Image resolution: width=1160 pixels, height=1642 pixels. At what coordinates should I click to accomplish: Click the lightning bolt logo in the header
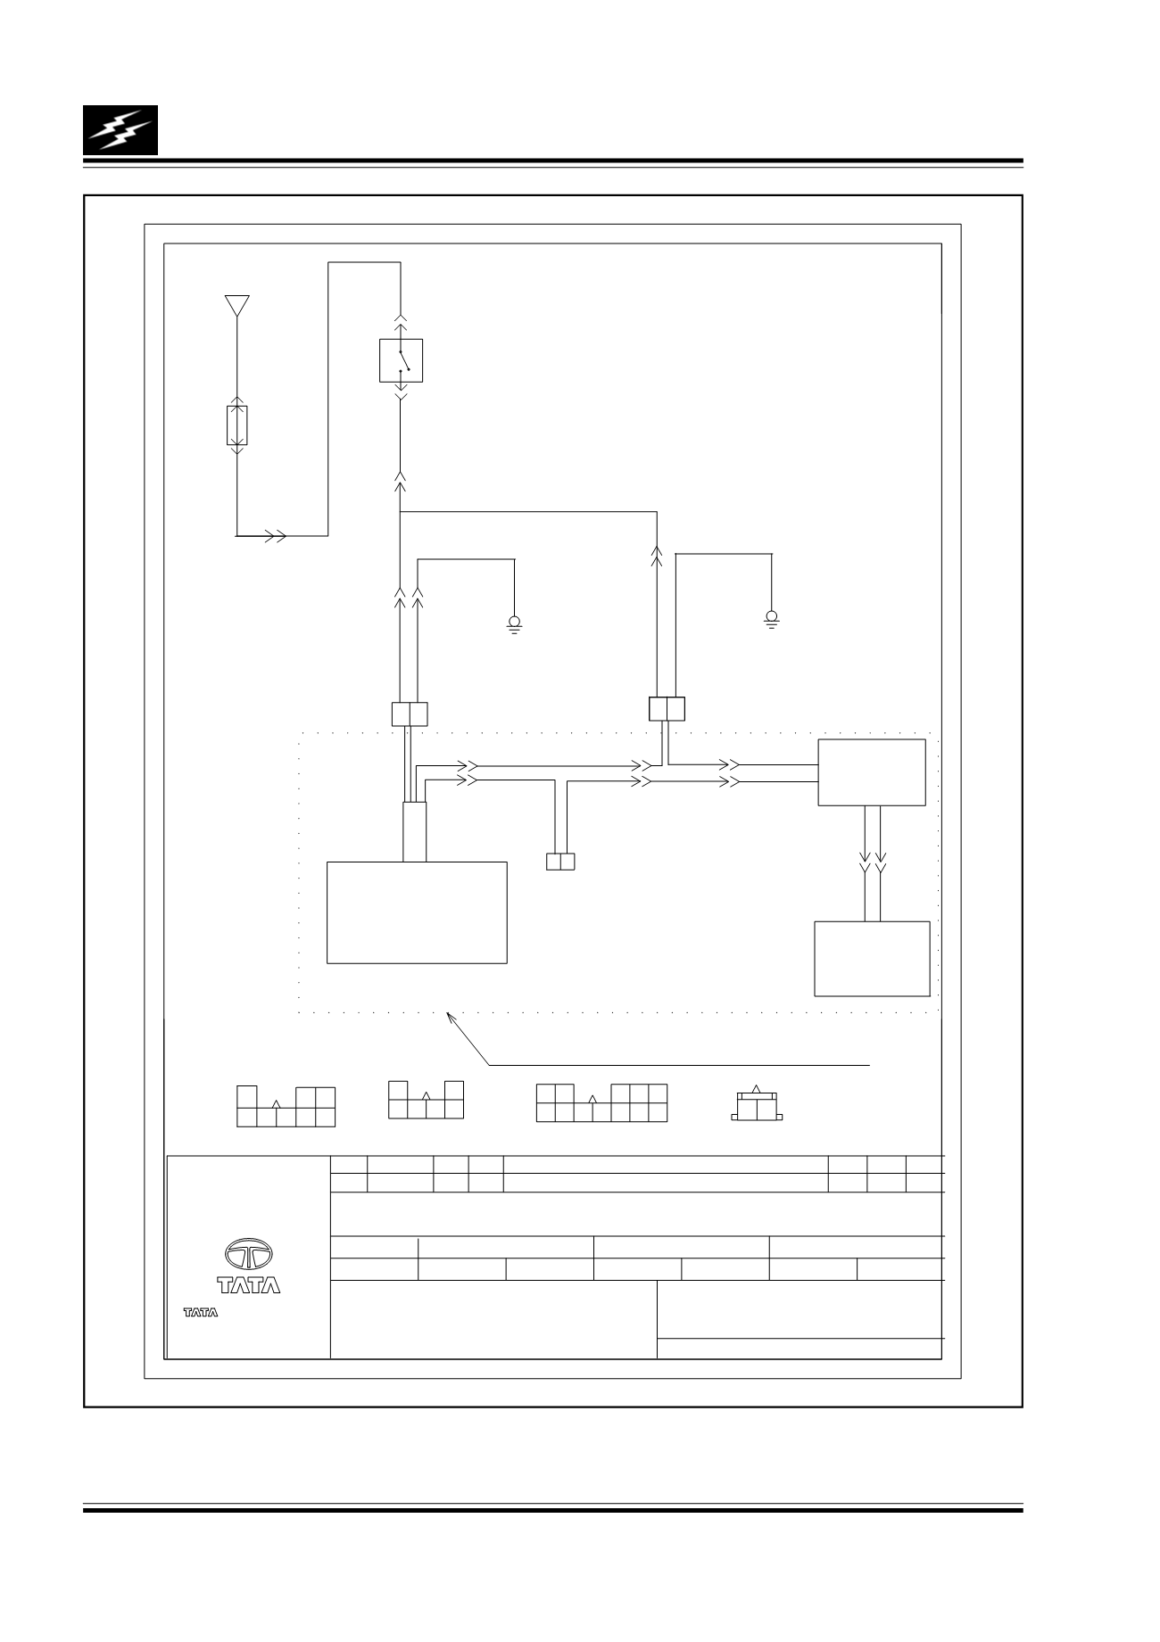coord(120,129)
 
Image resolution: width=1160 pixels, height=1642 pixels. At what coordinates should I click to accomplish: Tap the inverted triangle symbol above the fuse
coord(236,306)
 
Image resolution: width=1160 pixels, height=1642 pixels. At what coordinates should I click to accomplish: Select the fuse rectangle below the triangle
coord(237,425)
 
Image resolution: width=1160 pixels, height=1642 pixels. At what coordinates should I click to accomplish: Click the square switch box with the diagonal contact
coord(401,360)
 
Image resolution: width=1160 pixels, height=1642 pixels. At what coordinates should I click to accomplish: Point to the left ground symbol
coord(514,623)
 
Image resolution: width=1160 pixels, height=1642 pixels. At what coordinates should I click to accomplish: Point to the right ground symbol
coord(771,618)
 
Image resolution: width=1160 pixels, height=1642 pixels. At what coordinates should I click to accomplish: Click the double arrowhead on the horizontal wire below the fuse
coord(275,536)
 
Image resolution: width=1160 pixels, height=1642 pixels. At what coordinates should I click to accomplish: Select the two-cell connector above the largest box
coord(410,714)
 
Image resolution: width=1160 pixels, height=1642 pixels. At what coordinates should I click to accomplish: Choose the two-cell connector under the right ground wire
coord(667,709)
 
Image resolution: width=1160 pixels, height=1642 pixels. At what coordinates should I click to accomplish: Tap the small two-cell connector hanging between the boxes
coord(560,862)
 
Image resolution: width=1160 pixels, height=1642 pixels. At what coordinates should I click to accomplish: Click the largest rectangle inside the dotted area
coord(417,912)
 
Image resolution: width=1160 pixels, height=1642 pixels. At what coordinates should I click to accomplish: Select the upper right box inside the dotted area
coord(872,772)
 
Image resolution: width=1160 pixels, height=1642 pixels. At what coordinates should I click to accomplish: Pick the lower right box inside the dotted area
coord(873,959)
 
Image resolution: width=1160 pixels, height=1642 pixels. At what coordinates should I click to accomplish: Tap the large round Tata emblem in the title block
coord(249,1256)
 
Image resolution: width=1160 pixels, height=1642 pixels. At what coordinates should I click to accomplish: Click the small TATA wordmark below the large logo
coord(201,1313)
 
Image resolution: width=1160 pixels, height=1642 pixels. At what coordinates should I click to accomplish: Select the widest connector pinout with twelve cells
coord(601,1102)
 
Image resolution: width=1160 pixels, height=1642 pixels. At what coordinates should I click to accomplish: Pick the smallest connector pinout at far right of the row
coord(757,1104)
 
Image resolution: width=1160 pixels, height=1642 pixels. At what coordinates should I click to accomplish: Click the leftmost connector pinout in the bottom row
coord(286,1106)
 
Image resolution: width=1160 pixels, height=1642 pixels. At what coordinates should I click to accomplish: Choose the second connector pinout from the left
coord(427,1099)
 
